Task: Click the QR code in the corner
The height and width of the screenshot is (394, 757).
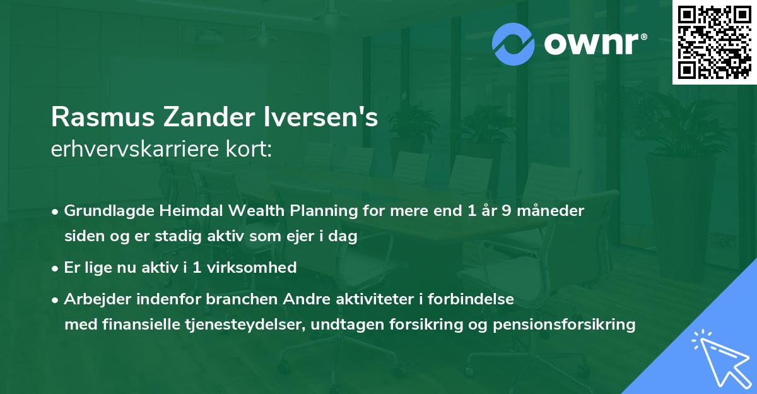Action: point(715,42)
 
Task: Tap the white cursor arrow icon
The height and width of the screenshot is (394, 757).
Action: point(719,359)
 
